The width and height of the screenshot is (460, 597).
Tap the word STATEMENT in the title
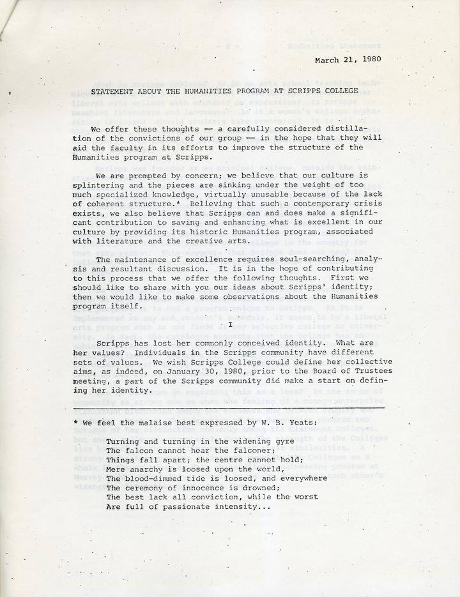pos(114,92)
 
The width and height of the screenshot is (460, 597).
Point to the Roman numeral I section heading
pos(230,324)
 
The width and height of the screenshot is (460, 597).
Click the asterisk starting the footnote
pos(76,423)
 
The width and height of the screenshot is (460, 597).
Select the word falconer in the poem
pos(236,450)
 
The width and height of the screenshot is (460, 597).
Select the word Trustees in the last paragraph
pos(374,371)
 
